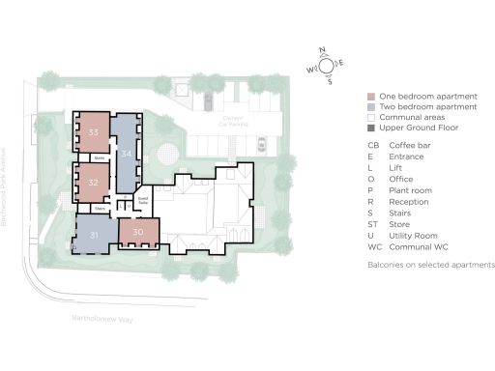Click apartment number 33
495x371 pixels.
[94, 130]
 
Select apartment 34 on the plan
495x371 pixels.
[125, 153]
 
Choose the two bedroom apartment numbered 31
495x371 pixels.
[95, 235]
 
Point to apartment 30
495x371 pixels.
[138, 232]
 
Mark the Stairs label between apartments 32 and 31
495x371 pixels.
[99, 208]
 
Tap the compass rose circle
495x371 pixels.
[328, 65]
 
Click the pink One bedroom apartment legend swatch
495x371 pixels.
[371, 98]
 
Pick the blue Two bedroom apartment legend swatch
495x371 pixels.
[371, 108]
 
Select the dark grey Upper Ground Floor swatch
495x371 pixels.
[371, 128]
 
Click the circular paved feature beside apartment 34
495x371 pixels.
[167, 153]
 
